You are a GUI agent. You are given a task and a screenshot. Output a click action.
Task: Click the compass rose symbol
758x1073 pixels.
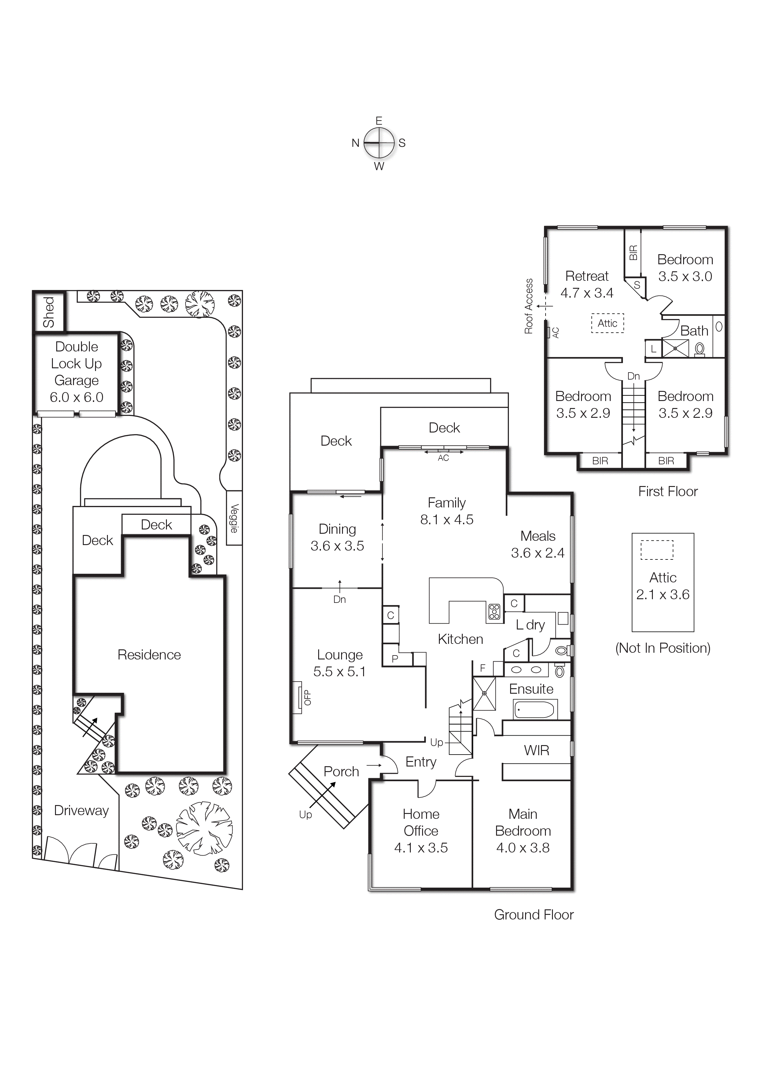(x=379, y=143)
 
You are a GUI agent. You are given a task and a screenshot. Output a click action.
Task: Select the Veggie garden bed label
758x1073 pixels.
(x=234, y=518)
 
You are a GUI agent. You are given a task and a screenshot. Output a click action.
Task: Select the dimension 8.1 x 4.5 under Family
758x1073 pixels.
(x=447, y=520)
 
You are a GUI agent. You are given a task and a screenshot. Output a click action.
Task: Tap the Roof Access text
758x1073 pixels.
(x=529, y=306)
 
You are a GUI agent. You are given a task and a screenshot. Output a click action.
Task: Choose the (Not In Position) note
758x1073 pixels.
(x=663, y=648)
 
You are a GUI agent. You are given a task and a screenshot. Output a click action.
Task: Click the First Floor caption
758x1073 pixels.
(x=668, y=491)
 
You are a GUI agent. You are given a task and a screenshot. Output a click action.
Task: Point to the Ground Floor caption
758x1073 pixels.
(x=534, y=915)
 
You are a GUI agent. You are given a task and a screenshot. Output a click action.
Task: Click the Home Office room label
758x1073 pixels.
(x=421, y=822)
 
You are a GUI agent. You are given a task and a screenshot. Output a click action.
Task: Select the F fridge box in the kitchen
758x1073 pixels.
(x=483, y=668)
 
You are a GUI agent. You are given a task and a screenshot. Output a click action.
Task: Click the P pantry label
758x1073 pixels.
(x=395, y=659)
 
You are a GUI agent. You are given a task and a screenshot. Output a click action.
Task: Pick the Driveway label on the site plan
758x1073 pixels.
(x=81, y=810)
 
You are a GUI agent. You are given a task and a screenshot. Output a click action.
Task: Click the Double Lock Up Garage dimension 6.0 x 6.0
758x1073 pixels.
(x=77, y=397)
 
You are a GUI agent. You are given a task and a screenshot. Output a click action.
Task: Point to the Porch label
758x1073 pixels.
(x=341, y=772)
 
